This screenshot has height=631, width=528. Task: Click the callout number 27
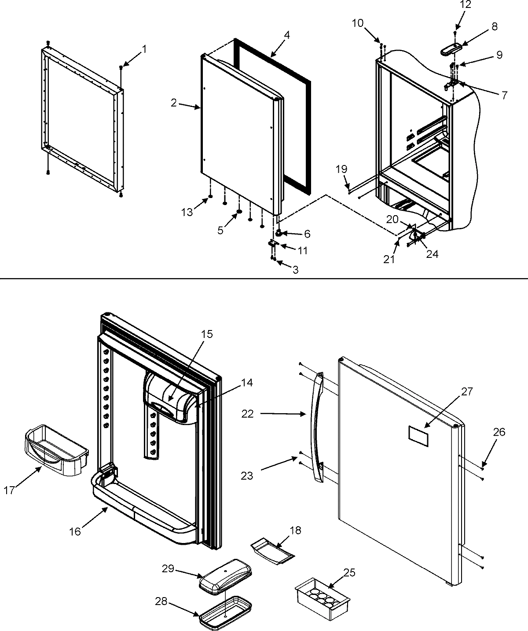coord(455,392)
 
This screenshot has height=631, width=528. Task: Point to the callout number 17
coord(10,491)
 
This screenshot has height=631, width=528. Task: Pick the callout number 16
coord(75,532)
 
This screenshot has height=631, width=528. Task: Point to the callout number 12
coord(453,5)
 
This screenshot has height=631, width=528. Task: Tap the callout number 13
coord(187,212)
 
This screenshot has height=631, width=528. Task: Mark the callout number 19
coord(342,169)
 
